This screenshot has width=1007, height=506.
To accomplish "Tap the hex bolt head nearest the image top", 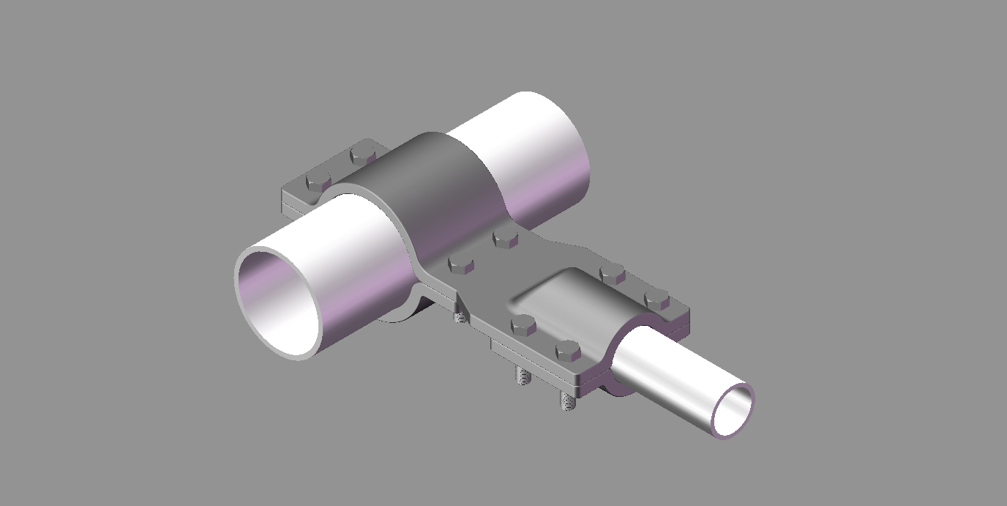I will pos(363,155).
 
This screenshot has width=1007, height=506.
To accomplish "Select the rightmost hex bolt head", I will pos(656,299).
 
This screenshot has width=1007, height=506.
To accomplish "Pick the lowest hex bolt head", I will pos(568,351).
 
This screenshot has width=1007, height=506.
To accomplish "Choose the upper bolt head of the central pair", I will pos(505,238).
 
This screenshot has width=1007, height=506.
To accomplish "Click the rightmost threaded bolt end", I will pos(566,401).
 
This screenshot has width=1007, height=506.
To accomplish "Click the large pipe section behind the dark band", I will pos(534,146).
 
